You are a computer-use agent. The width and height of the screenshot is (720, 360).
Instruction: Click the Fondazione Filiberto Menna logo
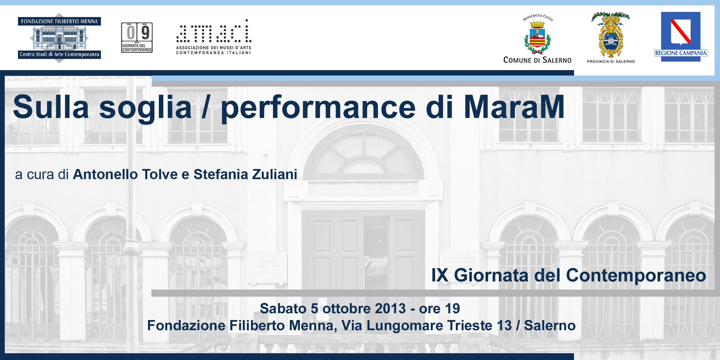(x=59, y=38)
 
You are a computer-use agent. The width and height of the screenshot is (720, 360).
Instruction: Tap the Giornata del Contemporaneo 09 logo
(x=137, y=37)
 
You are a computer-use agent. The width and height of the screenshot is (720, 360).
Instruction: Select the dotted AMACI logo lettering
(x=214, y=31)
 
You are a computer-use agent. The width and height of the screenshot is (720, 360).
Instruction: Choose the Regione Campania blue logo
(x=681, y=37)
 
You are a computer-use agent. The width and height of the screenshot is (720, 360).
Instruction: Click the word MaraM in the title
(x=514, y=107)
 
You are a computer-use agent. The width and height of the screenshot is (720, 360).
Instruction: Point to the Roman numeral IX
(x=440, y=275)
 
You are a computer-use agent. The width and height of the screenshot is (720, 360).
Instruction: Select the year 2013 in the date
(x=390, y=309)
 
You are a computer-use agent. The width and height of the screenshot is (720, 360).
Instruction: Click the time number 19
(x=452, y=309)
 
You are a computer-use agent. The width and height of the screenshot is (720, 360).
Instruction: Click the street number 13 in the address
(x=504, y=325)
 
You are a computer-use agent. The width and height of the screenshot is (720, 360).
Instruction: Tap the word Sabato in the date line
(x=283, y=309)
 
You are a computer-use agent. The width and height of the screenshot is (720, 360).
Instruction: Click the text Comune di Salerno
(x=537, y=60)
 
